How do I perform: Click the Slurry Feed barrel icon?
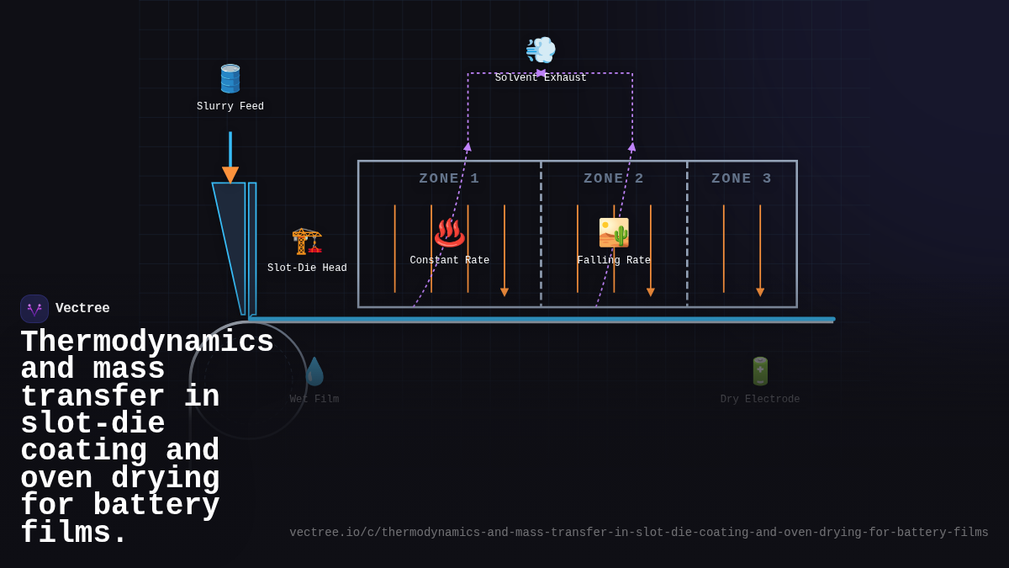pyautogui.click(x=230, y=78)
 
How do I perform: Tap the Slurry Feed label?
pyautogui.click(x=230, y=107)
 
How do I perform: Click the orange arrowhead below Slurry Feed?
pyautogui.click(x=230, y=174)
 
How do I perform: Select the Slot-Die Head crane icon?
pyautogui.click(x=307, y=241)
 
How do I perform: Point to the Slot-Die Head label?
pyautogui.click(x=307, y=268)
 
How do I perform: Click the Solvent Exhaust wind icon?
pyautogui.click(x=541, y=50)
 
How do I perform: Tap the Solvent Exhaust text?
pyautogui.click(x=541, y=78)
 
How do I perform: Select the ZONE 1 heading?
pyautogui.click(x=449, y=178)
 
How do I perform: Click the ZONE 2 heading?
pyautogui.click(x=614, y=178)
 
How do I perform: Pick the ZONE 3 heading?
pyautogui.click(x=742, y=178)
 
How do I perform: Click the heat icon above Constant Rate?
pyautogui.click(x=450, y=232)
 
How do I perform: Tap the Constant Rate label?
pyautogui.click(x=450, y=261)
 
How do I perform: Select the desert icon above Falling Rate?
pyautogui.click(x=614, y=232)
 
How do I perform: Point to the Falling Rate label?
pyautogui.click(x=614, y=261)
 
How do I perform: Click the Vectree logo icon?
pyautogui.click(x=34, y=309)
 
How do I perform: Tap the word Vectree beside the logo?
pyautogui.click(x=82, y=309)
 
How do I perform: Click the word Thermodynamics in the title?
pyautogui.click(x=147, y=342)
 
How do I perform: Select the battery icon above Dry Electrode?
pyautogui.click(x=760, y=371)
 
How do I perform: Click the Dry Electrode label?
pyautogui.click(x=760, y=400)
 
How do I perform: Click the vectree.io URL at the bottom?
pyautogui.click(x=639, y=533)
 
